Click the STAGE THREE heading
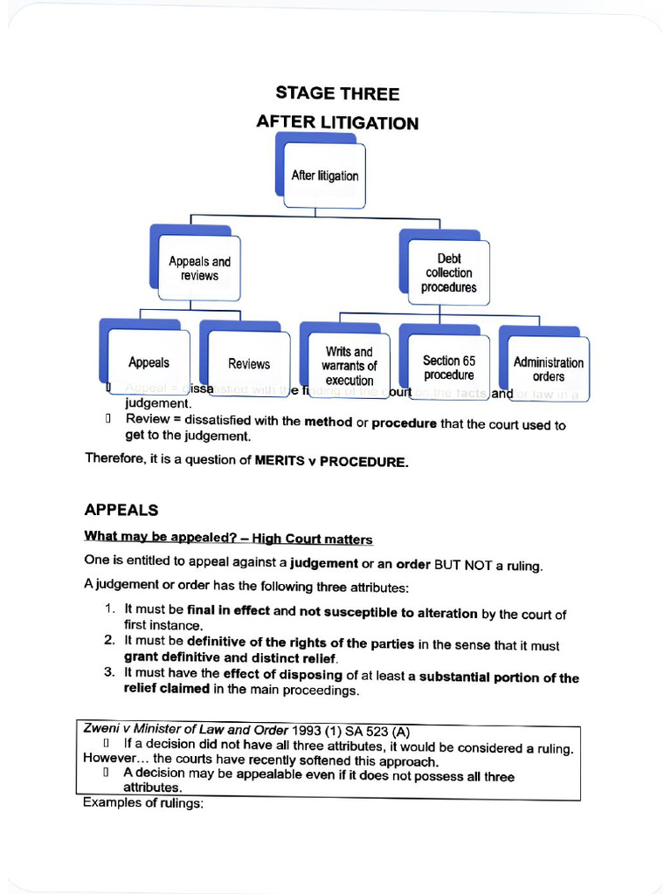[x=337, y=93]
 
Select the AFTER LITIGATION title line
[x=337, y=122]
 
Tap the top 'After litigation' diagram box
[x=325, y=175]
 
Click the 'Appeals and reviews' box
[x=199, y=268]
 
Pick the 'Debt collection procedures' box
[x=449, y=272]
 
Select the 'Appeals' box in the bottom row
[x=149, y=362]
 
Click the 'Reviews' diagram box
[x=249, y=363]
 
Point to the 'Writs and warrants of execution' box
[x=349, y=366]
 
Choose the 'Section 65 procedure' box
[x=449, y=367]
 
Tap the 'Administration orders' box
[x=549, y=368]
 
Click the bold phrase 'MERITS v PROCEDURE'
[x=331, y=461]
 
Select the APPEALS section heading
[x=121, y=509]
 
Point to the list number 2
[x=109, y=641]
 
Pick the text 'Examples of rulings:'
[x=143, y=802]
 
